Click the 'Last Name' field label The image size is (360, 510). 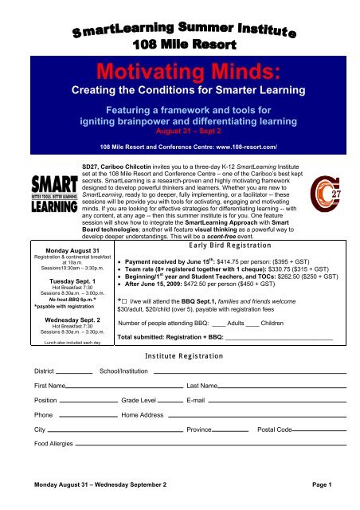[x=204, y=385]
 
